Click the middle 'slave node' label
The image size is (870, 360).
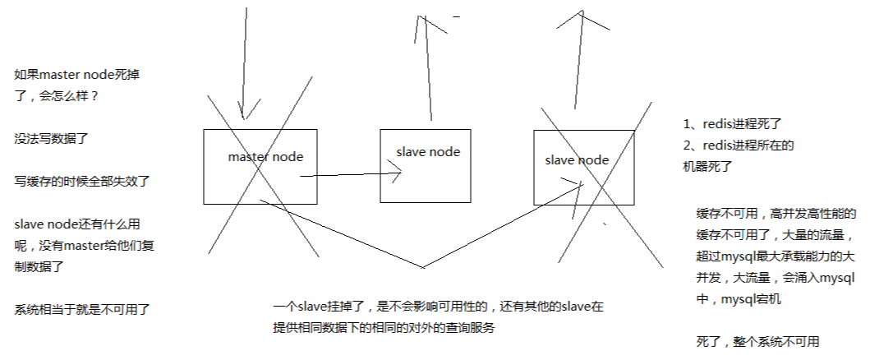(428, 152)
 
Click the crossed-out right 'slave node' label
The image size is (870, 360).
(577, 159)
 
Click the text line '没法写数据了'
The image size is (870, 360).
(52, 139)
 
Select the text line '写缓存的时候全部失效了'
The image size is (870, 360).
(81, 180)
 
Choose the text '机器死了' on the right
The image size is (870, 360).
(707, 166)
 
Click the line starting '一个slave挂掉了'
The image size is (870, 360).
(439, 307)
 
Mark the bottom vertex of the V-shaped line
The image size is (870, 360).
(424, 267)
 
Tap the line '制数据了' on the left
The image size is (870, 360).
(39, 266)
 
